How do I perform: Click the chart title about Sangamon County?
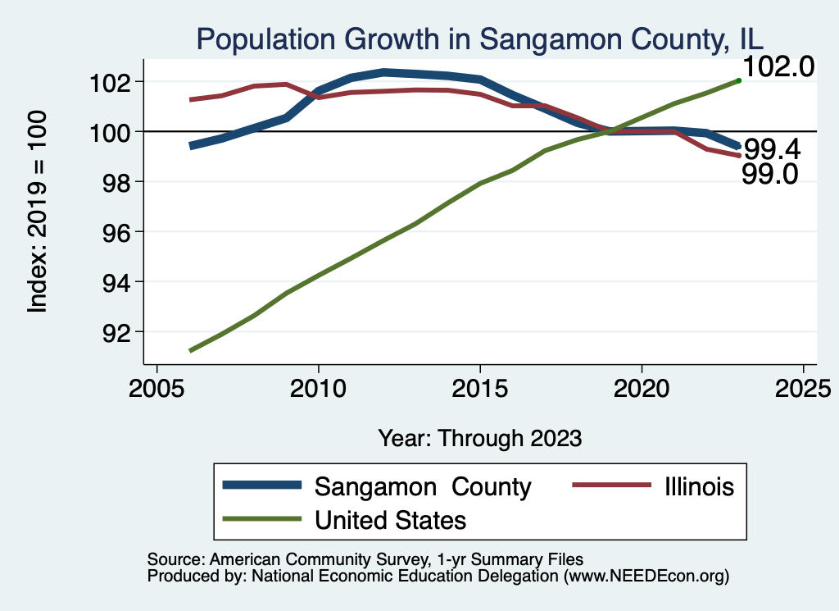[478, 38]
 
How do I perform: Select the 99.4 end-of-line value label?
[771, 150]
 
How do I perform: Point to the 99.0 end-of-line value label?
[769, 174]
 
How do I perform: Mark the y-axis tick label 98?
[119, 182]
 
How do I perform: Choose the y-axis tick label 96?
[119, 232]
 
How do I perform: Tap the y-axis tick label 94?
[119, 282]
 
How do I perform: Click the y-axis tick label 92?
[119, 332]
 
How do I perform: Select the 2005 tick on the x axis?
[156, 388]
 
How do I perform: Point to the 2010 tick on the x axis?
[318, 388]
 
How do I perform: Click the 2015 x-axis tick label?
[479, 388]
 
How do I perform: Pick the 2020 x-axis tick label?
[641, 388]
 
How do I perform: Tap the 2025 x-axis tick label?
[802, 388]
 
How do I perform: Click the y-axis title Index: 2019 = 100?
[37, 212]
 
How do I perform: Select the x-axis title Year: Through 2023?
[479, 438]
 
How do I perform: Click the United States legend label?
[390, 520]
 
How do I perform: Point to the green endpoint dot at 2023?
[738, 80]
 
